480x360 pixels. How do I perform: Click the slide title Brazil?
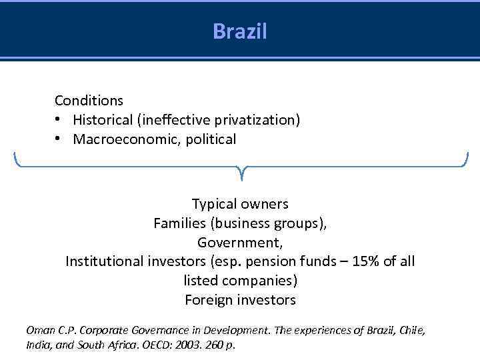point(240,31)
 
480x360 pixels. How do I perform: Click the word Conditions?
point(89,101)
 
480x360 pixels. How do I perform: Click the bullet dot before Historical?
point(59,120)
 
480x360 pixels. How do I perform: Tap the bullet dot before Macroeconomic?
point(59,139)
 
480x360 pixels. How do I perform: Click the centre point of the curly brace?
point(241,173)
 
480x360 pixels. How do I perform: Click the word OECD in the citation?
point(171,345)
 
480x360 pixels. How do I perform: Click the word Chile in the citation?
point(411,330)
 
